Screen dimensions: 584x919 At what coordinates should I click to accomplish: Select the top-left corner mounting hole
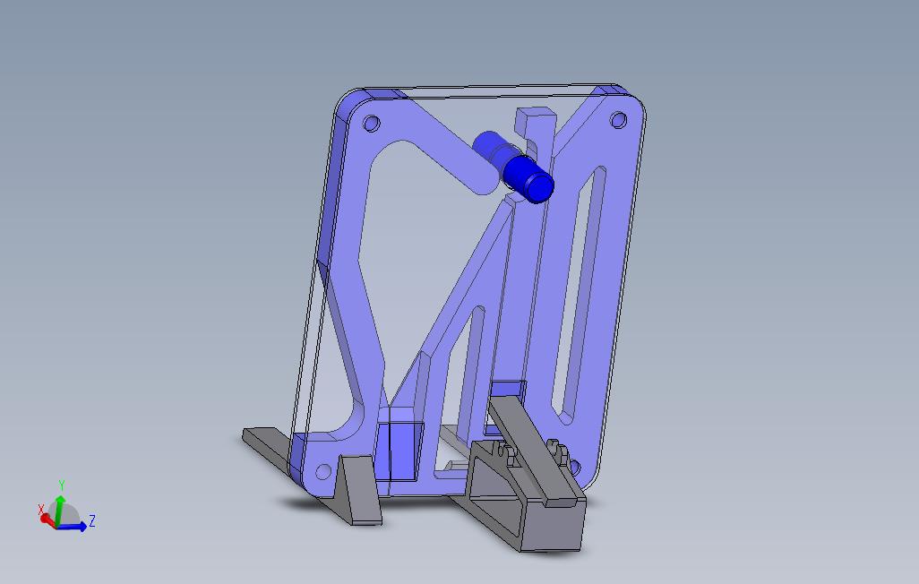pyautogui.click(x=372, y=124)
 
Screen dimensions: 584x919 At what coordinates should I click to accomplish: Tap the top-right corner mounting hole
pyautogui.click(x=618, y=120)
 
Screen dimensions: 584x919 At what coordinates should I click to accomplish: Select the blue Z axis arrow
pyautogui.click(x=75, y=527)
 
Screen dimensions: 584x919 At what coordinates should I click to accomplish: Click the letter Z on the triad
pyautogui.click(x=92, y=521)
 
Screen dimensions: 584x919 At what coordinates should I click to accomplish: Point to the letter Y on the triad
pyautogui.click(x=61, y=485)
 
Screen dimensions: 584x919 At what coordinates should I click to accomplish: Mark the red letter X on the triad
pyautogui.click(x=41, y=510)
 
